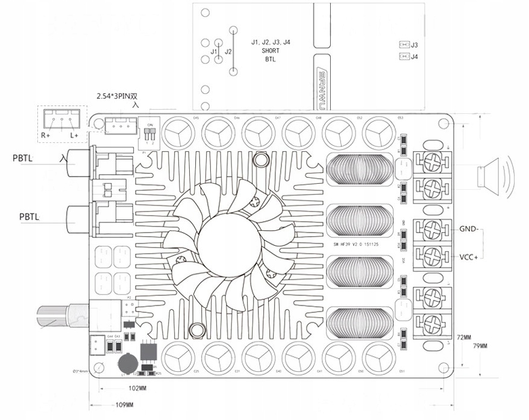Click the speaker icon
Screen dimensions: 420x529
tap(492, 177)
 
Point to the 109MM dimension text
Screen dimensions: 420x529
tap(124, 405)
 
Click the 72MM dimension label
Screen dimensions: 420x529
tap(464, 336)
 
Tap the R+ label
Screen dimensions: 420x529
tap(46, 136)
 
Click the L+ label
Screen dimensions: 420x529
tap(74, 136)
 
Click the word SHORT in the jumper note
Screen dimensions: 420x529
tap(271, 51)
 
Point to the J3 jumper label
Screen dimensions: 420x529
tap(414, 45)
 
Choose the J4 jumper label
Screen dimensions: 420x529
tap(414, 57)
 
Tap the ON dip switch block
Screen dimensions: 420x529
tap(150, 132)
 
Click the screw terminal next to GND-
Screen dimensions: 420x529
tap(432, 230)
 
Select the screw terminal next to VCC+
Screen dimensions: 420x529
tap(432, 255)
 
